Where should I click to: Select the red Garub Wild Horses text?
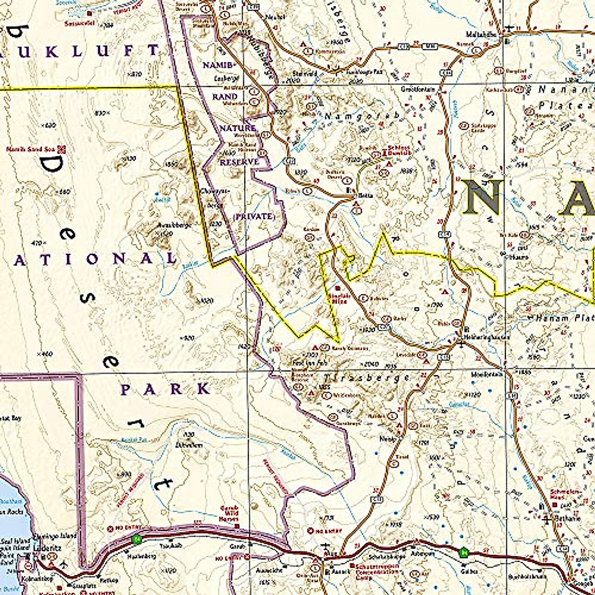coord(229,512)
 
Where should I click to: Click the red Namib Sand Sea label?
coord(31,149)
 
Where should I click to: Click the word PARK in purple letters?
coord(166,389)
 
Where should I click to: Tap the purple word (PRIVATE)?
coord(253,217)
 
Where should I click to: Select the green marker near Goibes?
coord(463,550)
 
